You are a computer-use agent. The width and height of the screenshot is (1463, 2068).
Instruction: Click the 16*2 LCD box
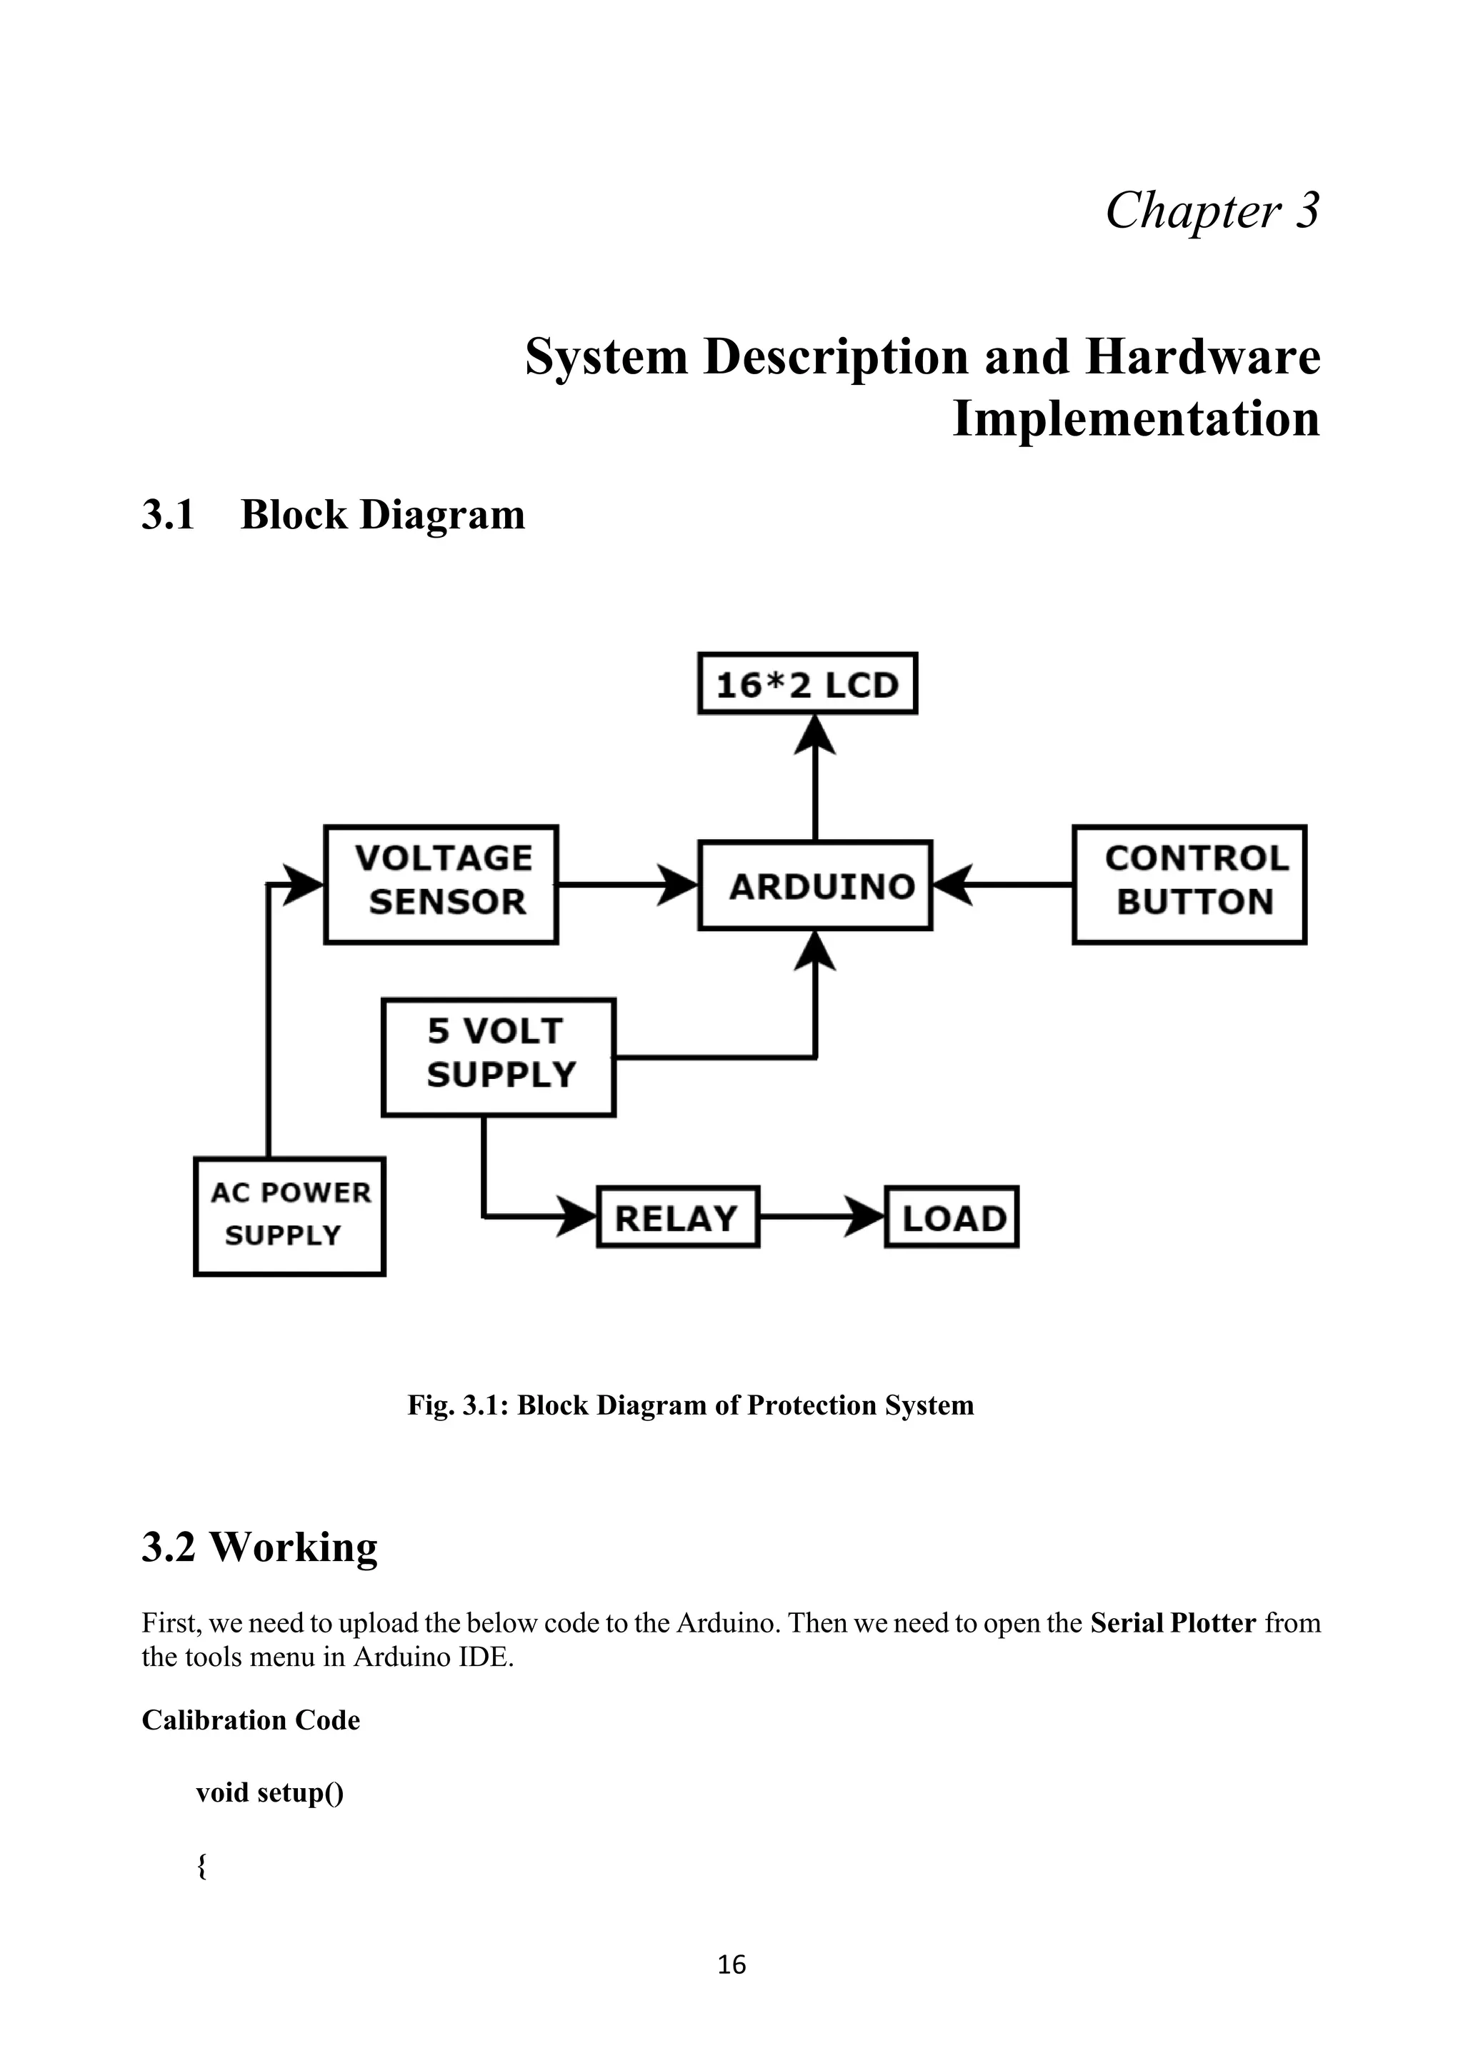pos(807,683)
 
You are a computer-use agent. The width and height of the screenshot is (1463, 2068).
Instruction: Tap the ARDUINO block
pos(815,885)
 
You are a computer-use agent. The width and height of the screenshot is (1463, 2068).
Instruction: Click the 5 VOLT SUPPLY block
pos(498,1057)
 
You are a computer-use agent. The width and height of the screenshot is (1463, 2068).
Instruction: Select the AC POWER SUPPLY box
pos(289,1216)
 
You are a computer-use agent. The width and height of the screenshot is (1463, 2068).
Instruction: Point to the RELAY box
pos(677,1217)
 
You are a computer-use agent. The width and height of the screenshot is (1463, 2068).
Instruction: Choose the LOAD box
pos(952,1217)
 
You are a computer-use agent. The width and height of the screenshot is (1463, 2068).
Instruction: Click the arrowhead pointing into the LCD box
pos(815,734)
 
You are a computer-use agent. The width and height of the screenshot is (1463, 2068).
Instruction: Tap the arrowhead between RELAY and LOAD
pos(865,1217)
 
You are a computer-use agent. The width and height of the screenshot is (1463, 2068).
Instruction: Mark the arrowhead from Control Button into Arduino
pos(953,885)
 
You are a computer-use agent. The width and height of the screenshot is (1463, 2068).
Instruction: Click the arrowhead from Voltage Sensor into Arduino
pos(676,885)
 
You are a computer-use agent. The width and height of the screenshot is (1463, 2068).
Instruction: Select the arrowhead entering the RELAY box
pos(576,1217)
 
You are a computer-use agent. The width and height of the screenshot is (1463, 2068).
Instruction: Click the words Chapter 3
pos(1212,211)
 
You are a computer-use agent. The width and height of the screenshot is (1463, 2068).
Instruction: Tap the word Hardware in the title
pos(1203,356)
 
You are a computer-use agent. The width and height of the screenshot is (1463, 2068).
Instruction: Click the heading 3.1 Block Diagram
pos(334,515)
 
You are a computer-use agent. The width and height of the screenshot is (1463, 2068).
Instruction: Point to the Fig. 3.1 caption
pos(690,1405)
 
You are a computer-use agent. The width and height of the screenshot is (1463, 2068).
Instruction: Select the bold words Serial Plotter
pos(1172,1623)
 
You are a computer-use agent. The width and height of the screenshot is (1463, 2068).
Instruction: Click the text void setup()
pos(269,1792)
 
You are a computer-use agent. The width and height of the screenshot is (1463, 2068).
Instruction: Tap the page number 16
pos(731,1964)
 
